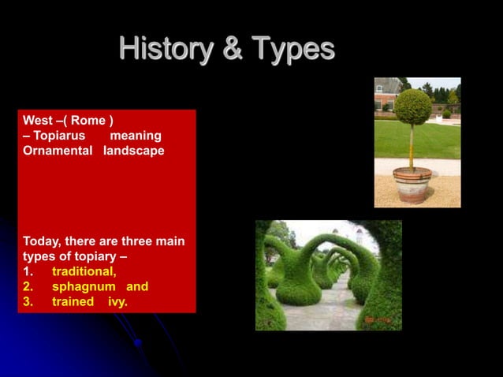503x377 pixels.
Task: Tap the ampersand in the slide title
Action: click(232, 50)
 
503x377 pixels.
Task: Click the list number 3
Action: click(28, 301)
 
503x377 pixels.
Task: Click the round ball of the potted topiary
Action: click(413, 107)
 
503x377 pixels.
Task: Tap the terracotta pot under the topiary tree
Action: click(412, 185)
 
